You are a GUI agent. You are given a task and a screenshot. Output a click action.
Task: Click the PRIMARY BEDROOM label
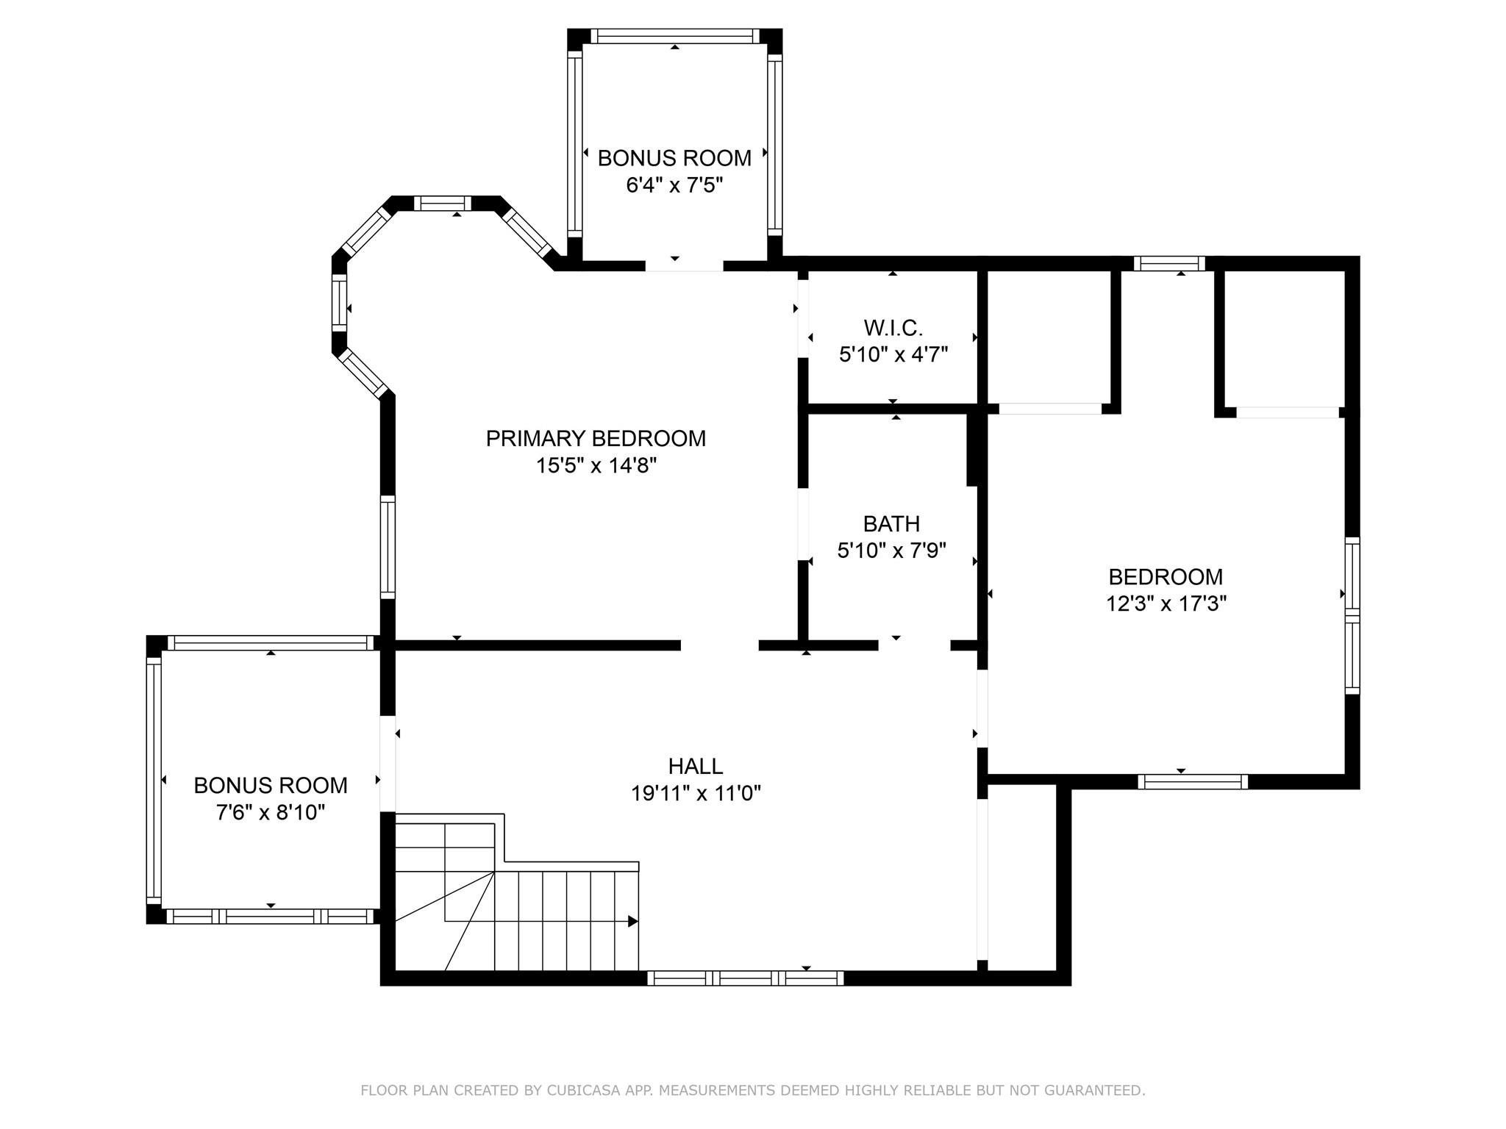[596, 439]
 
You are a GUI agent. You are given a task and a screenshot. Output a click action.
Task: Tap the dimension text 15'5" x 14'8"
[596, 466]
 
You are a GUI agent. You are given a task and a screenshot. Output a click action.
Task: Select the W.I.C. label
[893, 327]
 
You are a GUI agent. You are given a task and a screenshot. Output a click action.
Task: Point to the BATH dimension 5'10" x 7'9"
[891, 551]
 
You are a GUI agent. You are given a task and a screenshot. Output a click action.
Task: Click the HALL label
[695, 767]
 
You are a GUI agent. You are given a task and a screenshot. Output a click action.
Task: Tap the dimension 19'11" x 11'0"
[695, 794]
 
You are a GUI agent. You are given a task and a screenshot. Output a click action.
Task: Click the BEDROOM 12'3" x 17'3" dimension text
[1166, 604]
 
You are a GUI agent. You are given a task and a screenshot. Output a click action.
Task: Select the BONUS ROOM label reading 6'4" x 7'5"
[674, 158]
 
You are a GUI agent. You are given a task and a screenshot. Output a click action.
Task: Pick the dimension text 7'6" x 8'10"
[270, 812]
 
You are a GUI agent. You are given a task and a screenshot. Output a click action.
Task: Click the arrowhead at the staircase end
[632, 921]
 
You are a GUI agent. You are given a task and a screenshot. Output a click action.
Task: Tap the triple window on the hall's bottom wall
[745, 978]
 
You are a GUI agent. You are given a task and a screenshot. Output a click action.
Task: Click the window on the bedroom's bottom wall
[1192, 782]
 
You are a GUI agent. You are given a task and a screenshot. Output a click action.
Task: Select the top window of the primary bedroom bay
[442, 204]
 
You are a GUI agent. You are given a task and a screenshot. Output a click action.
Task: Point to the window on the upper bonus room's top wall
[674, 36]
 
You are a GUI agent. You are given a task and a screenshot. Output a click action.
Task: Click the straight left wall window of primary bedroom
[388, 547]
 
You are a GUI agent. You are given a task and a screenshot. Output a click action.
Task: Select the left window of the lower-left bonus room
[154, 779]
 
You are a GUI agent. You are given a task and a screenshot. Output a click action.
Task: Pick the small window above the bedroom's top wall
[1168, 263]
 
